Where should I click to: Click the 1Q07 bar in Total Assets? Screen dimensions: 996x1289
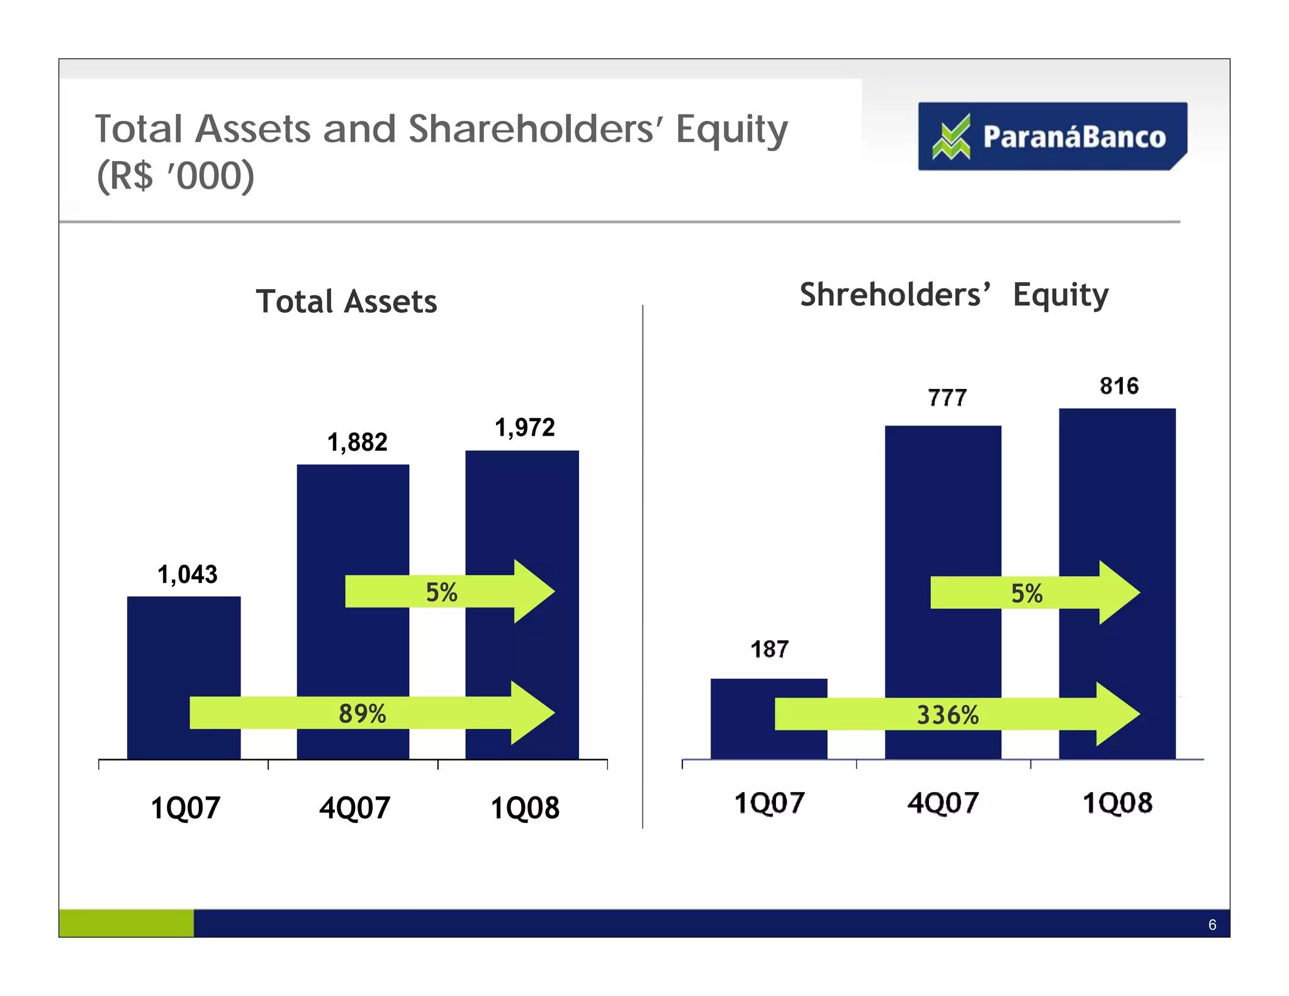pos(183,648)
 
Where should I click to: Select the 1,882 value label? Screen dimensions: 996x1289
pos(357,442)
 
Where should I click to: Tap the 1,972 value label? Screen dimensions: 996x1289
pos(524,427)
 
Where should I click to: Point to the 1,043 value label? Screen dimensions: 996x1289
pos(187,574)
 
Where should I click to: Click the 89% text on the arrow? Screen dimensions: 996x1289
pos(362,713)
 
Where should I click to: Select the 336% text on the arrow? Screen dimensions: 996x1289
pos(947,715)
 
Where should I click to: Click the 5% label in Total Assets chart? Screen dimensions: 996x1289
pos(441,592)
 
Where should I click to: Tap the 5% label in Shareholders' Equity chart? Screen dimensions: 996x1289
pos(1027,594)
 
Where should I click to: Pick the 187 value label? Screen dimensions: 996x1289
pos(769,649)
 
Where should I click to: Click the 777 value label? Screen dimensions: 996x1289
pos(947,398)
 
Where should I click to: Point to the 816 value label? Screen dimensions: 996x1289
pos(1119,386)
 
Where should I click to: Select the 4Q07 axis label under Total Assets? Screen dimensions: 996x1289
pos(354,808)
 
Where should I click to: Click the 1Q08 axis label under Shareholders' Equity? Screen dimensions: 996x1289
pos(1117,803)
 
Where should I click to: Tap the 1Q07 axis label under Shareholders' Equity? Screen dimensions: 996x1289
pos(769,803)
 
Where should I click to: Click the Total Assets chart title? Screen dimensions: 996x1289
pos(346,302)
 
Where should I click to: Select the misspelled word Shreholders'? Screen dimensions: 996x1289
pos(894,295)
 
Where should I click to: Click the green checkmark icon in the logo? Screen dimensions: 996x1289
pos(951,137)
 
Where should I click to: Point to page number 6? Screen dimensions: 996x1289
pos(1212,924)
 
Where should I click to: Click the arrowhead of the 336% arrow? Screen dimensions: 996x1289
pos(1117,715)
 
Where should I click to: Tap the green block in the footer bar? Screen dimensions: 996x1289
pos(126,923)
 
